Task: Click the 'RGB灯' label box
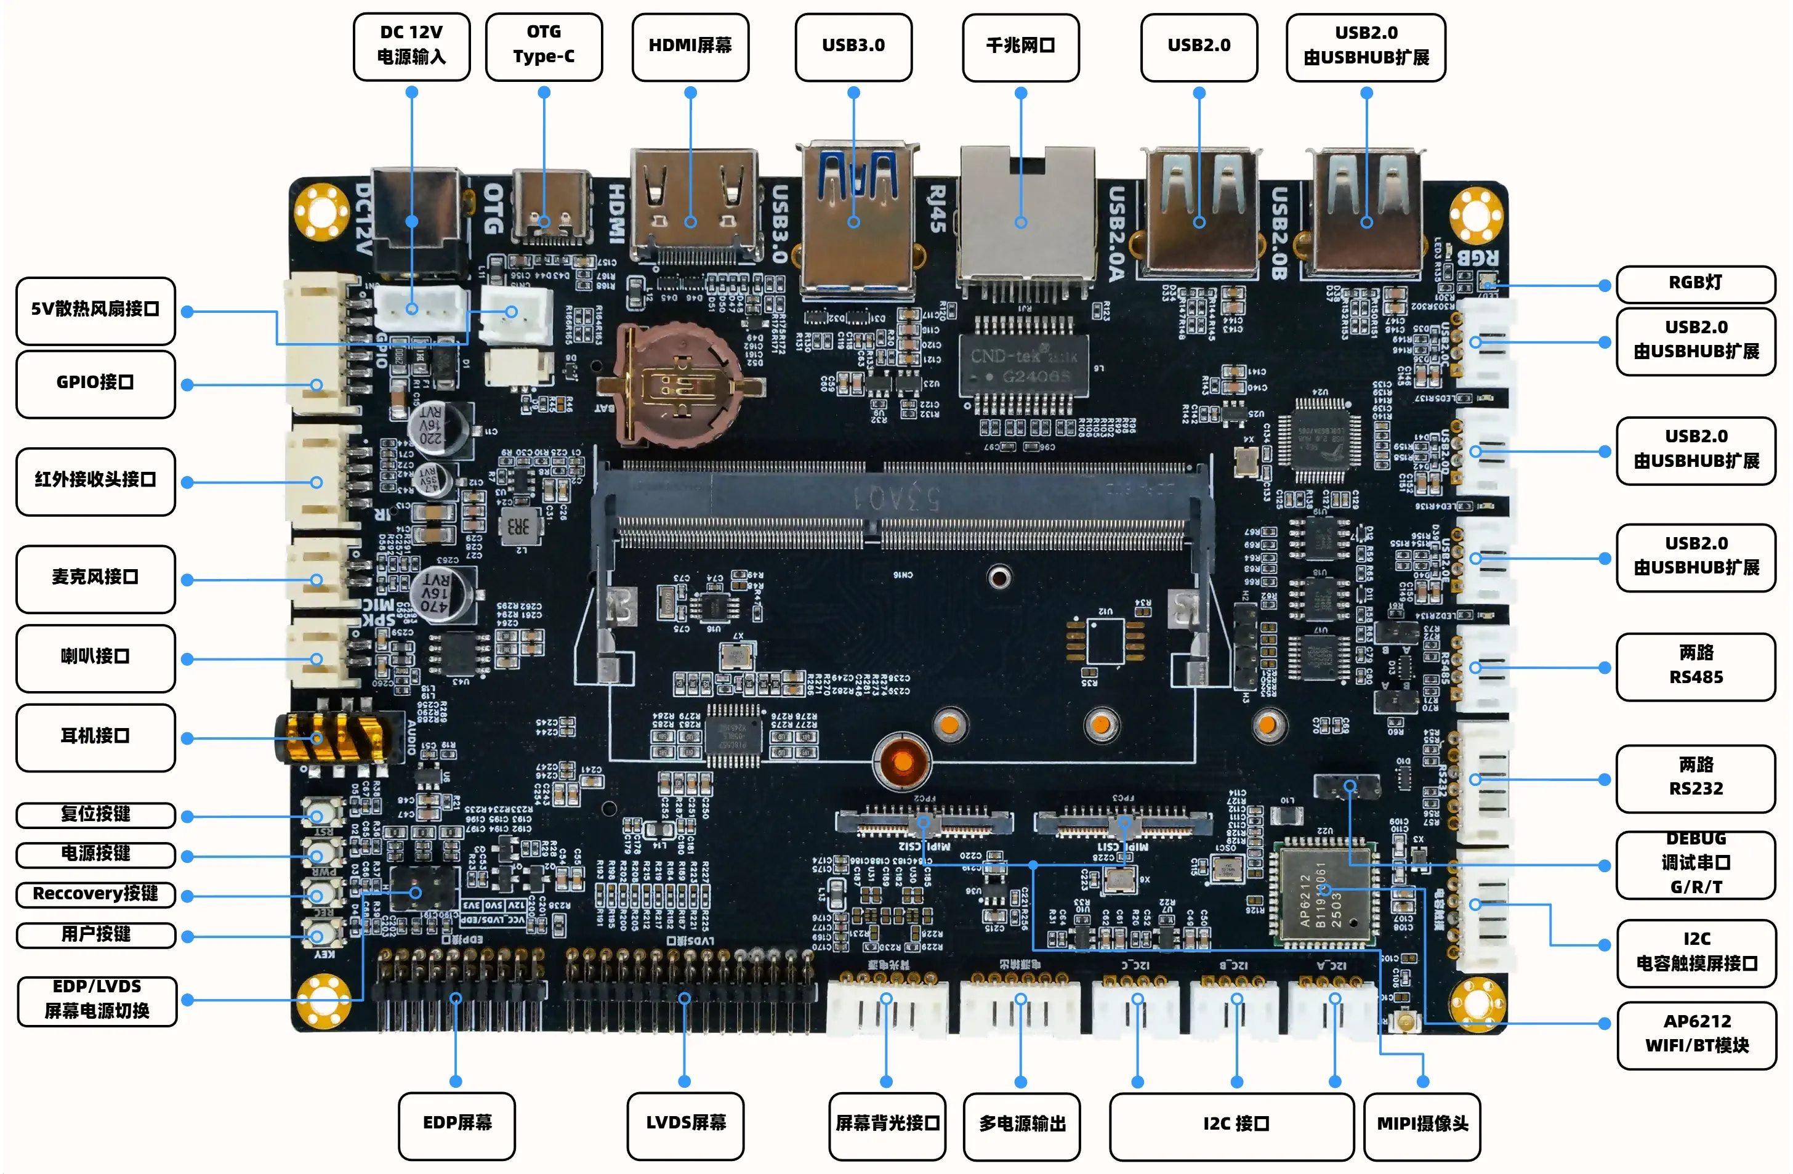coord(1695,283)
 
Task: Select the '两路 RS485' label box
coord(1695,665)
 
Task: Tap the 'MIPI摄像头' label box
coord(1422,1125)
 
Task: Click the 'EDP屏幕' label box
coord(456,1124)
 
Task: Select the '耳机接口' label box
coord(95,736)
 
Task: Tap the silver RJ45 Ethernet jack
coord(1025,219)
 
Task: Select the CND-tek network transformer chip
coord(1023,365)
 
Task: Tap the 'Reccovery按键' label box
coord(95,894)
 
